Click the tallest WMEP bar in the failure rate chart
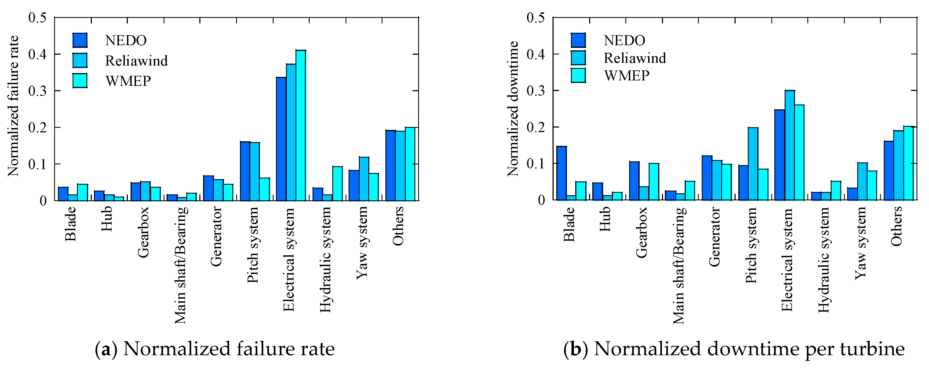click(x=301, y=125)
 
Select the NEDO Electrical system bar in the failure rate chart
click(x=281, y=139)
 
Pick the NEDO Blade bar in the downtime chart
click(x=561, y=173)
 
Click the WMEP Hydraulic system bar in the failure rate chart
click(x=337, y=184)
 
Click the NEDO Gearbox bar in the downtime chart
click(x=634, y=181)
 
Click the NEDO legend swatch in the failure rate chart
click(x=80, y=40)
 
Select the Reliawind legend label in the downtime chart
click(x=635, y=58)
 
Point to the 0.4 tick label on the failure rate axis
click(x=37, y=54)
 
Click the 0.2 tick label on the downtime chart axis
click(x=536, y=127)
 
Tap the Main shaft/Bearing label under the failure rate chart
click(x=180, y=265)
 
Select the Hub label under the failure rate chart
click(x=107, y=219)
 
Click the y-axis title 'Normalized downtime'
click(x=512, y=109)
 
